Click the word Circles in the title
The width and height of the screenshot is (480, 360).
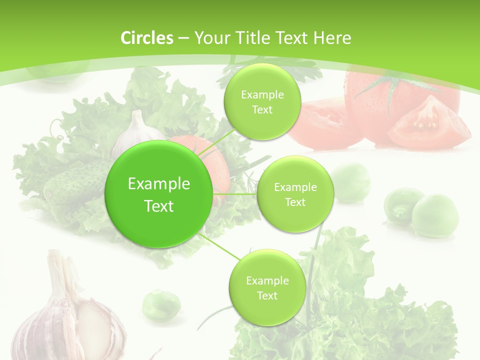[147, 38]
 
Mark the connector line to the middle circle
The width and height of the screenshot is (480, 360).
[235, 193]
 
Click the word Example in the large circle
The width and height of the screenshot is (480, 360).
[159, 184]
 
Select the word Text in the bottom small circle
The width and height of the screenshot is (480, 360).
[267, 295]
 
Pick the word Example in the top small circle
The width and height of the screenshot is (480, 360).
[262, 95]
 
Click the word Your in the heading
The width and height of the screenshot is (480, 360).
[209, 38]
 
